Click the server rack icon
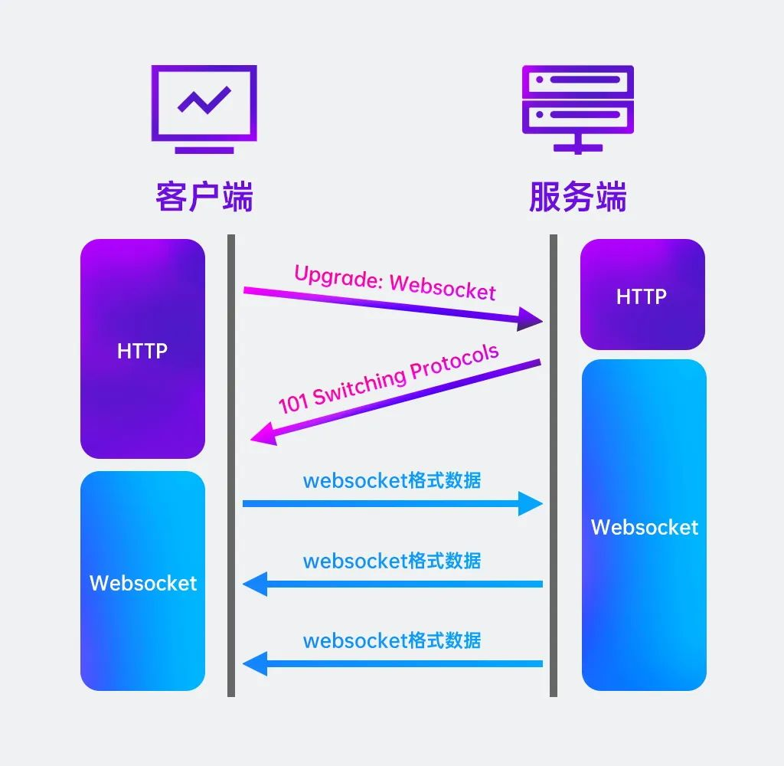click(x=577, y=107)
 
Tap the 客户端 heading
click(x=204, y=197)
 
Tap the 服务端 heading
click(x=577, y=197)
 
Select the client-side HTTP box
click(x=142, y=349)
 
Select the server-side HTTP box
click(x=642, y=295)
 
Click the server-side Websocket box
click(x=643, y=525)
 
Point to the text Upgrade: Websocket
click(x=395, y=281)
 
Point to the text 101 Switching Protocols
click(x=388, y=379)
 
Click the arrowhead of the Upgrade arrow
click(x=530, y=319)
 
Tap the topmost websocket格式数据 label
click(x=392, y=480)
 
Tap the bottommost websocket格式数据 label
click(x=392, y=640)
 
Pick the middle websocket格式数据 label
click(x=392, y=560)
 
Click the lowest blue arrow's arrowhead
click(x=255, y=663)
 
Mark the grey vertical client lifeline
click(x=230, y=536)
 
